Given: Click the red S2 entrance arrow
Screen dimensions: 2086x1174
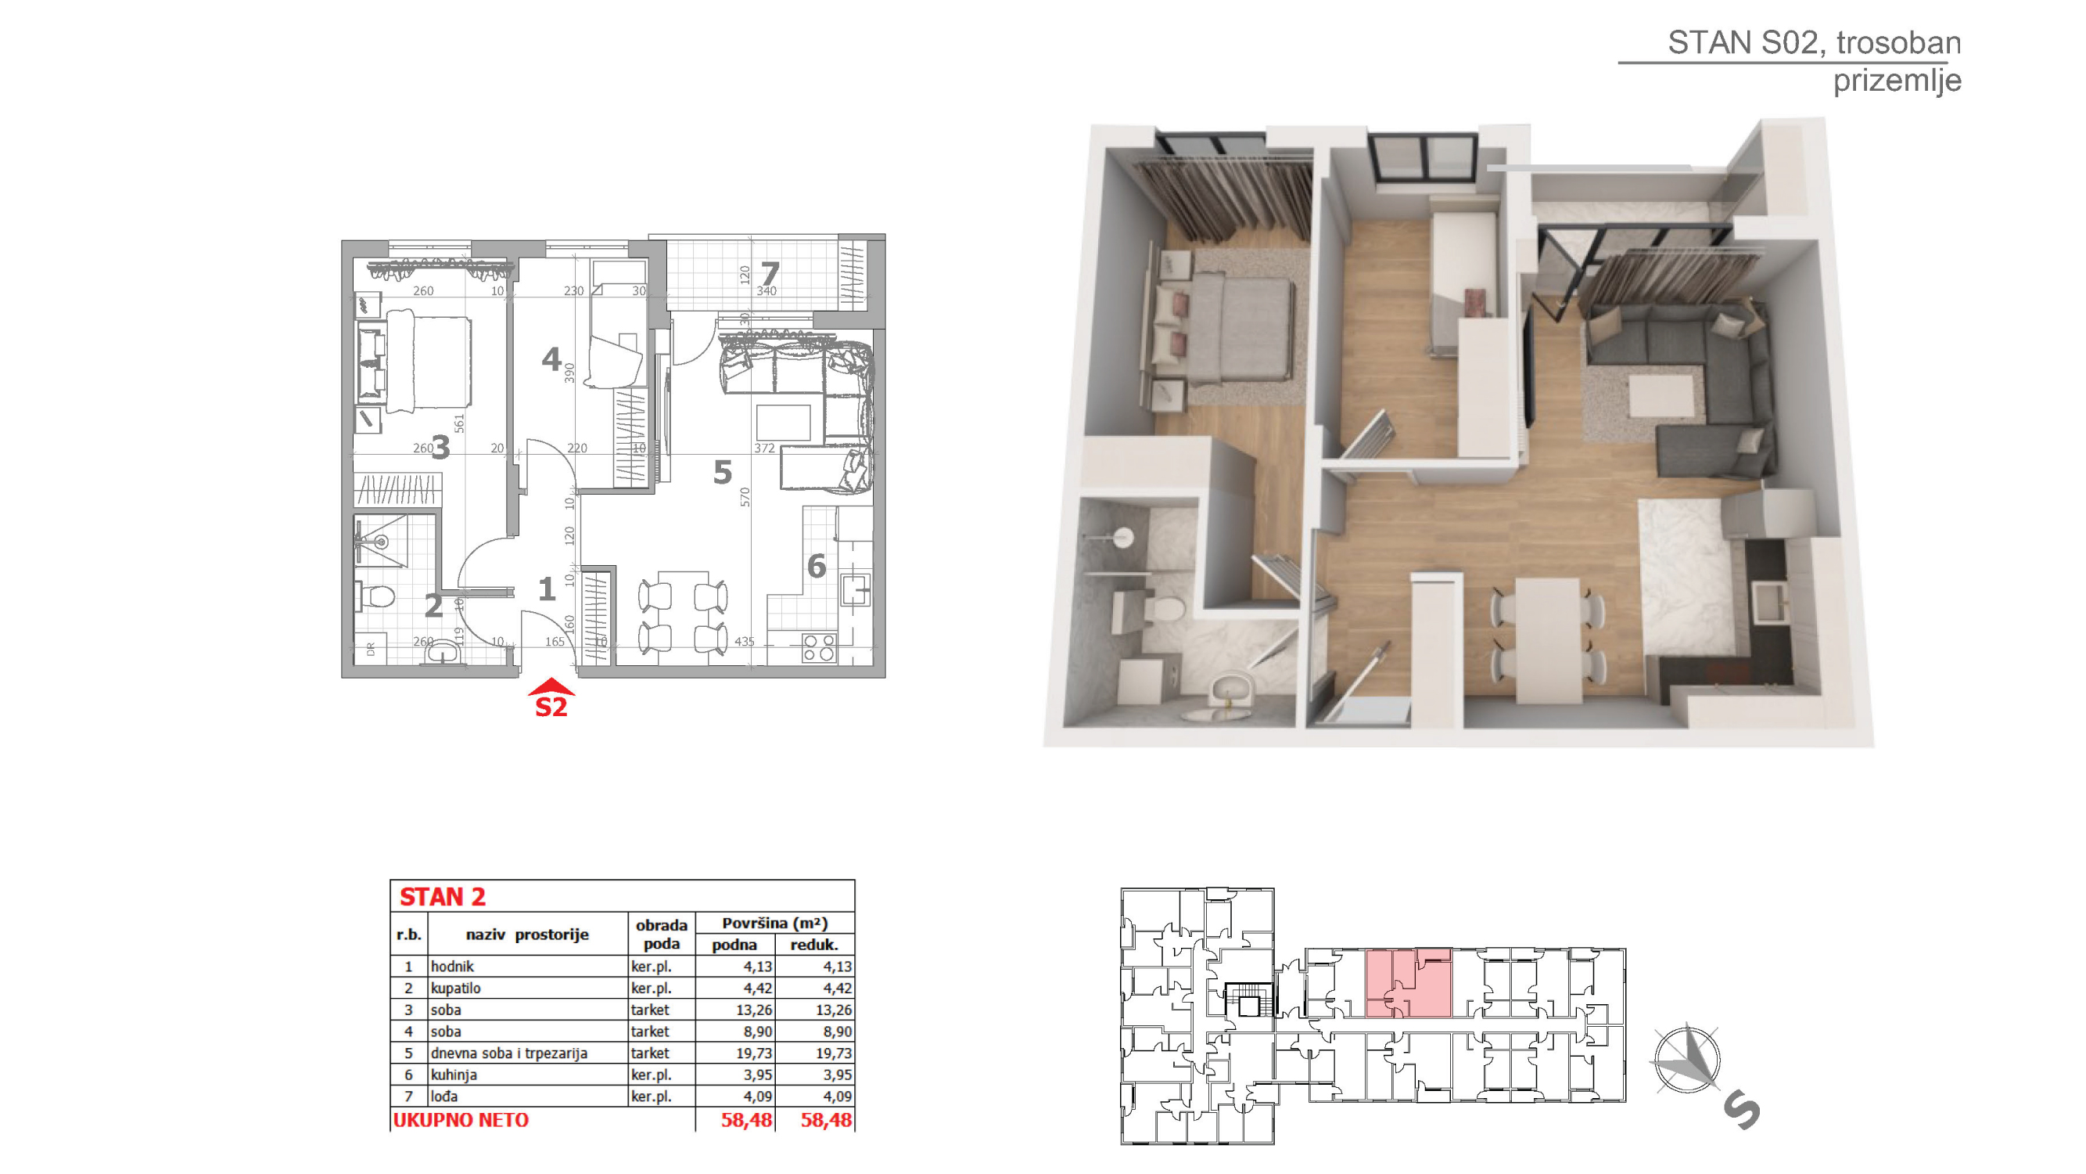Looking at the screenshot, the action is tap(551, 687).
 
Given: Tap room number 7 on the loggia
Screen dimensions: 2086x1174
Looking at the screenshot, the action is tap(770, 274).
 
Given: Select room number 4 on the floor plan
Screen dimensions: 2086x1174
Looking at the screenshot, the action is tap(551, 358).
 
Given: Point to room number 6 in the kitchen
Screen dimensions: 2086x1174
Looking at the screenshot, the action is tap(817, 566).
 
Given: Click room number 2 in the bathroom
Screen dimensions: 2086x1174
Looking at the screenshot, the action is tap(434, 605).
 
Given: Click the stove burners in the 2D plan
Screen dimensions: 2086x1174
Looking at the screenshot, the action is tap(819, 647).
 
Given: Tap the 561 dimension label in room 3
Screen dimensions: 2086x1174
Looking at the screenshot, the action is tap(459, 423).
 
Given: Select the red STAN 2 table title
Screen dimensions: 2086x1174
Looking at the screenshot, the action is tap(442, 897).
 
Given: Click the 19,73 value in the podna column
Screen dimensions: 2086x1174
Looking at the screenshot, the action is tap(753, 1053).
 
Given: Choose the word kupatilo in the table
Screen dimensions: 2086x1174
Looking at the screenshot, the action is tap(456, 989).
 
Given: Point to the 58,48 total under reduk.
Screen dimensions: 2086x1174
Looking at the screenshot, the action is tap(826, 1121).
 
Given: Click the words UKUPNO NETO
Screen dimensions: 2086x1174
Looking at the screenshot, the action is tap(461, 1121).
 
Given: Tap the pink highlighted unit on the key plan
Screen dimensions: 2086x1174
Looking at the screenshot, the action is tap(1408, 984).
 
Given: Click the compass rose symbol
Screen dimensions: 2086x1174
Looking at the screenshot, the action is tap(1688, 1058).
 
